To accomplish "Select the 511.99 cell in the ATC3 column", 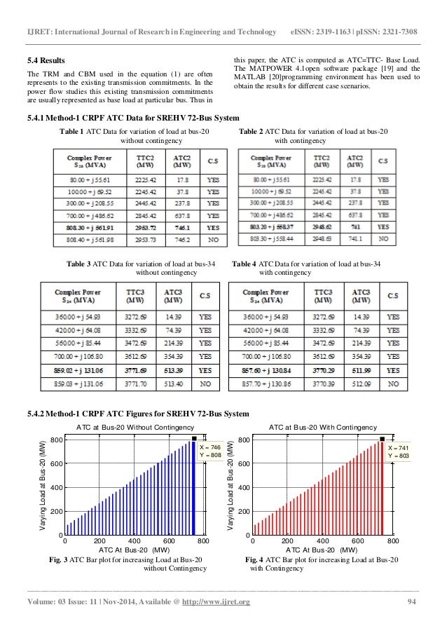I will [x=363, y=369].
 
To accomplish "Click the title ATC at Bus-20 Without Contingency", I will [x=135, y=426].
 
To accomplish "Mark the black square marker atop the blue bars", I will [x=193, y=440].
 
